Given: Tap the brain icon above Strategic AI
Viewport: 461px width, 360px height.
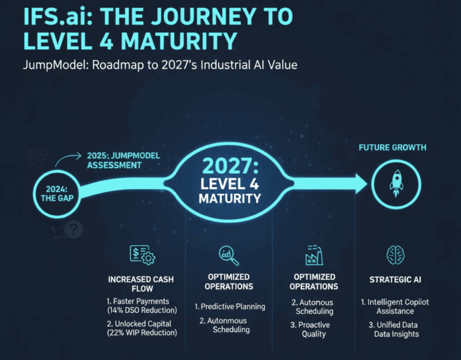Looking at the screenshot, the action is (x=395, y=255).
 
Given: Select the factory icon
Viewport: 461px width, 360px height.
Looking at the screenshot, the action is (x=314, y=255).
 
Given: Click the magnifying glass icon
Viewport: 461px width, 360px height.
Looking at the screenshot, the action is (x=229, y=255).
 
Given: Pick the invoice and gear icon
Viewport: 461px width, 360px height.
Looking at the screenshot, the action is (x=143, y=255).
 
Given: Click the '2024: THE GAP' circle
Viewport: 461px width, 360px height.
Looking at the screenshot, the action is (x=57, y=194).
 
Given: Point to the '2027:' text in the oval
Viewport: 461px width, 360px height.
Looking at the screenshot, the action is (x=230, y=166).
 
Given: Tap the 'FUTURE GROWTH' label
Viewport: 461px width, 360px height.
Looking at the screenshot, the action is (x=393, y=147).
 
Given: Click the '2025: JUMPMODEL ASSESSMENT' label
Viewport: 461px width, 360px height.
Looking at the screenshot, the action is (x=123, y=160).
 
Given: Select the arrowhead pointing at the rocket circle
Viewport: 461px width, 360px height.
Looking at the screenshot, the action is (x=361, y=184).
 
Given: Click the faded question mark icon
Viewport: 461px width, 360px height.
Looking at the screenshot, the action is (x=73, y=229).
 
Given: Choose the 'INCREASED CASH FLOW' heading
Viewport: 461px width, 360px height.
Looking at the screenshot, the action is (x=141, y=284).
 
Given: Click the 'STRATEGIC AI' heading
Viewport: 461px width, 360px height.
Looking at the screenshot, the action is (x=395, y=280).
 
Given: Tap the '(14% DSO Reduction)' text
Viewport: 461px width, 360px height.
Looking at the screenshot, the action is (x=142, y=310).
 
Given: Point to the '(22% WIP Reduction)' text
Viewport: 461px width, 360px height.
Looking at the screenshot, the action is (x=142, y=333).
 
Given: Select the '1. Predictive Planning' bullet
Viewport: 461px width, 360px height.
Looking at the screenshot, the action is (x=230, y=307).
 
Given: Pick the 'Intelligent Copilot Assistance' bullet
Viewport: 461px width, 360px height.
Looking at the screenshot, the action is (x=395, y=306).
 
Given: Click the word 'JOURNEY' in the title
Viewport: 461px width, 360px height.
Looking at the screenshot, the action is (x=204, y=16).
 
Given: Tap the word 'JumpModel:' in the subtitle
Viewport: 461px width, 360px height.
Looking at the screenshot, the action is (x=56, y=65).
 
